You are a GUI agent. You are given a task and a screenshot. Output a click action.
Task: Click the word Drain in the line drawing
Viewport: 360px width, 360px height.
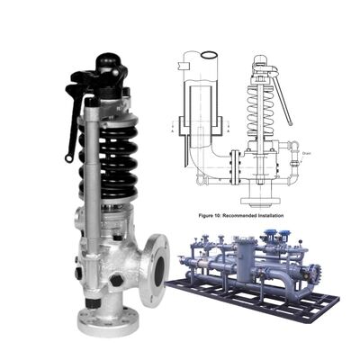click(306, 151)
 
